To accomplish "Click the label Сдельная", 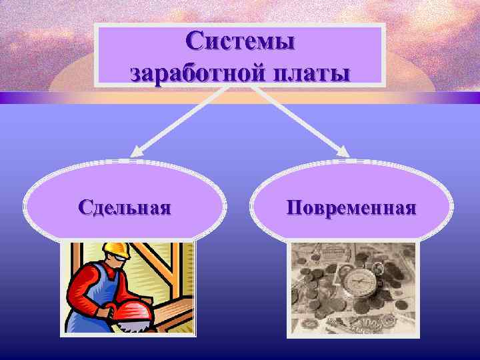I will tap(124, 207).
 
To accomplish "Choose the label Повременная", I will tap(351, 207).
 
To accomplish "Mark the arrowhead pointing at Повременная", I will tap(345, 151).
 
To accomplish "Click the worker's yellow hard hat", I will tap(114, 251).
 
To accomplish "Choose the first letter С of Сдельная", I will tap(83, 207).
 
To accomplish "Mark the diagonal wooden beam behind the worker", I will tap(160, 267).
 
